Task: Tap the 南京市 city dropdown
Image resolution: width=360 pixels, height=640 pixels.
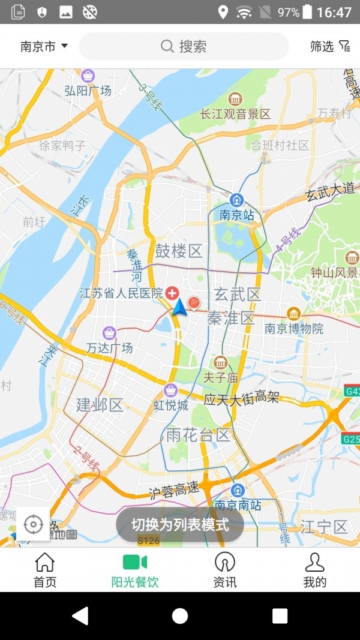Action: [44, 46]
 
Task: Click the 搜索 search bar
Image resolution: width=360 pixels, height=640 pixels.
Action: [184, 46]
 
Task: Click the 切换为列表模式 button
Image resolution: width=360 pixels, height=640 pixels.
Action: [180, 525]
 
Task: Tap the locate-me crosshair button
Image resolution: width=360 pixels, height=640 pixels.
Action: [33, 525]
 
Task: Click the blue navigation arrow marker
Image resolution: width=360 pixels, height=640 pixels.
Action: [179, 308]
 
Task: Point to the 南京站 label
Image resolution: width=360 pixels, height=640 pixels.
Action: [237, 214]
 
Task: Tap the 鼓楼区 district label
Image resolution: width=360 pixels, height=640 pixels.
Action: [179, 251]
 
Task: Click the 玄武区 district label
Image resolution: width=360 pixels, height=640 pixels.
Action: [238, 294]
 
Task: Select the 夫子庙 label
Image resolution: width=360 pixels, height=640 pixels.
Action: [221, 378]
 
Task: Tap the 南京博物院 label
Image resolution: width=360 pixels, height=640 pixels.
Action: [294, 328]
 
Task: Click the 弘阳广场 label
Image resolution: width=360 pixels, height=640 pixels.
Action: [88, 91]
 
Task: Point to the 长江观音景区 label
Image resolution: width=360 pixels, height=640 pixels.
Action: [236, 113]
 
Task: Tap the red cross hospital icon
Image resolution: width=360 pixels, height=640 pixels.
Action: [172, 293]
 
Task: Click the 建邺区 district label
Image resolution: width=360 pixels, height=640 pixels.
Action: [100, 405]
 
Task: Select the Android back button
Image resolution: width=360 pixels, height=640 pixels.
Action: [80, 615]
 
